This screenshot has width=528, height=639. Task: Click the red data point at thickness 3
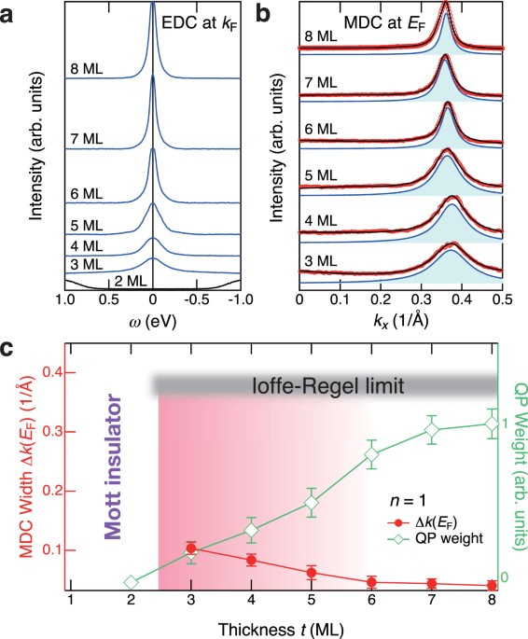(x=191, y=548)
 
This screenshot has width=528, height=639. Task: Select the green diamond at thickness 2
(x=131, y=583)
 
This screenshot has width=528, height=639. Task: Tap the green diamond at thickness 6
(x=372, y=455)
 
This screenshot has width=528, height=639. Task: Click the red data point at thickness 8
(x=493, y=586)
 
